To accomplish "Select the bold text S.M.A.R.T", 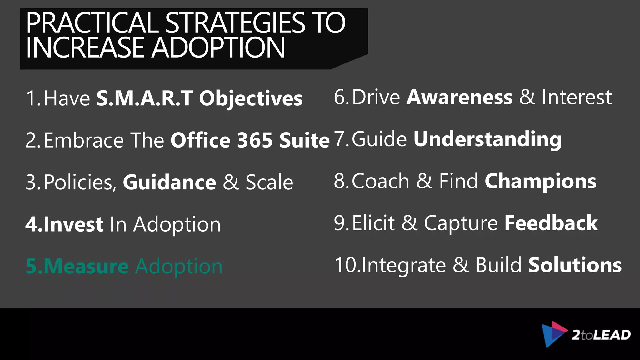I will pos(144,98).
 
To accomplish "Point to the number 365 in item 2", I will pos(255,140).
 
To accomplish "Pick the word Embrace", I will pos(84,140).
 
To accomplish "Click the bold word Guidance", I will pos(169,182).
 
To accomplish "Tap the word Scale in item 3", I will pos(269,182).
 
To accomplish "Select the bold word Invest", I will pos(73,224).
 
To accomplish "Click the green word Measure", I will pos(86,266).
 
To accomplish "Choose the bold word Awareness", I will pos(459,97).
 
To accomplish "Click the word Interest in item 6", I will pos(577,97).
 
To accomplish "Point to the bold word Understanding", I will pos(487,139).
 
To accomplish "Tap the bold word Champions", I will pos(540,181).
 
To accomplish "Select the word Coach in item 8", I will pos(381,181).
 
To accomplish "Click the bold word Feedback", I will pos(551,223).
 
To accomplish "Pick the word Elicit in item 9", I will pos(373,223).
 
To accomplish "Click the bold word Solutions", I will pos(575,265).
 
